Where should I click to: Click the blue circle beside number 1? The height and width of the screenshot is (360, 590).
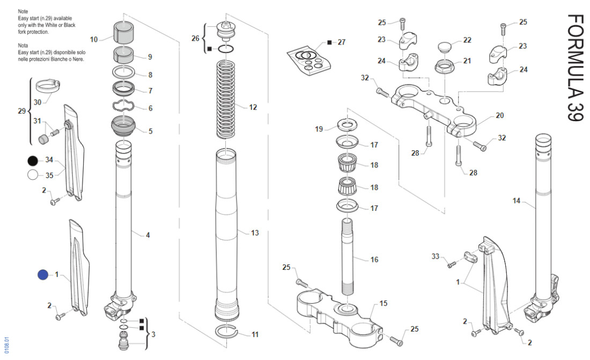(x=43, y=275)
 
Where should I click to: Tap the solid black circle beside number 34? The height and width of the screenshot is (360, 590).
(x=33, y=160)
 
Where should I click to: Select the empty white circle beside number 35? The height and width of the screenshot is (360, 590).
(x=33, y=174)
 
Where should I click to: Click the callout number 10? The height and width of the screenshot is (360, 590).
(x=94, y=39)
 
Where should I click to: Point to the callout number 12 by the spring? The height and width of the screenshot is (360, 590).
(x=253, y=107)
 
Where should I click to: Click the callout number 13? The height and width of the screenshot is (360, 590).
(x=255, y=233)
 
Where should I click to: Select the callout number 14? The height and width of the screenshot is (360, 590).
(x=517, y=201)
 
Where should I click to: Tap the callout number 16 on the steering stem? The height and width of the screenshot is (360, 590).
(x=374, y=260)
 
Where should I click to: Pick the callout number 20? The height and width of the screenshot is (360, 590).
(x=500, y=115)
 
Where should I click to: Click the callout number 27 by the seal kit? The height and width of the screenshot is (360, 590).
(x=342, y=42)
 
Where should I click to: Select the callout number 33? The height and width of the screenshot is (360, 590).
(x=436, y=256)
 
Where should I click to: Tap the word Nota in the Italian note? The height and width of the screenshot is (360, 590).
(x=23, y=46)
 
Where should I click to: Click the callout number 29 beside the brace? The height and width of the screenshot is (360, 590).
(x=21, y=111)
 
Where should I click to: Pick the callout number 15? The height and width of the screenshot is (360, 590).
(x=383, y=304)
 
